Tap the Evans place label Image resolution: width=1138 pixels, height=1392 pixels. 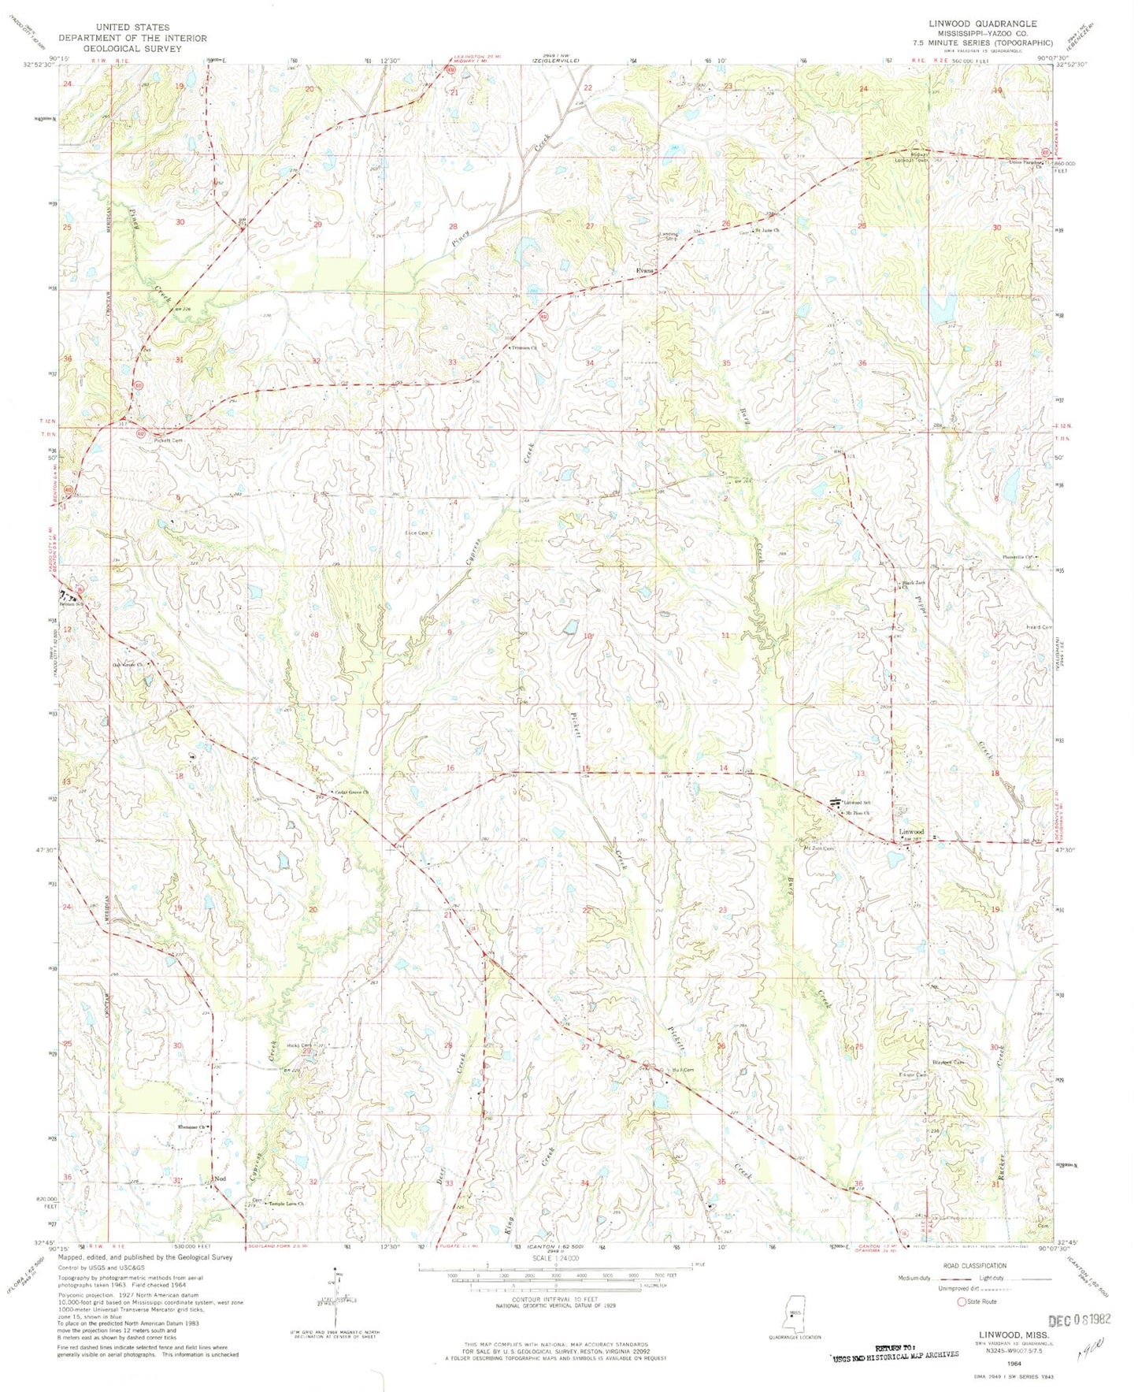(x=645, y=271)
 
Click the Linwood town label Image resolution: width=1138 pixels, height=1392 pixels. (x=911, y=831)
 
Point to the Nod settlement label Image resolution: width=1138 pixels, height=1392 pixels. (x=221, y=1179)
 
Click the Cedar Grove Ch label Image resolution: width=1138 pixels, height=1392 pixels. (x=351, y=792)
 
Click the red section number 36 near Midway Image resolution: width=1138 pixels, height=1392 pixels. (x=862, y=363)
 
